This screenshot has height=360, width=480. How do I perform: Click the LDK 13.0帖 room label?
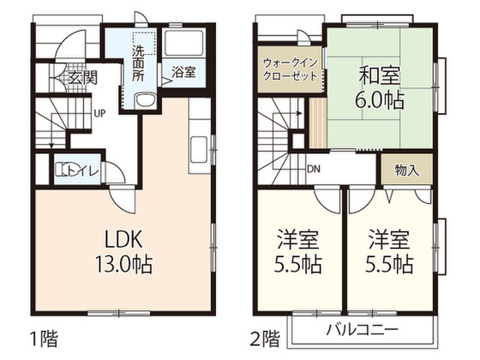124,251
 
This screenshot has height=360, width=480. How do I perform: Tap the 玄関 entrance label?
82,77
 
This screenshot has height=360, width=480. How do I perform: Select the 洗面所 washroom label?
138,63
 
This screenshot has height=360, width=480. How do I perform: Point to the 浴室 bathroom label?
183,72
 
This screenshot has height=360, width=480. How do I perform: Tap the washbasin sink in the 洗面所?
145,100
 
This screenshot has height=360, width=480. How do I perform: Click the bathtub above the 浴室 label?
183,43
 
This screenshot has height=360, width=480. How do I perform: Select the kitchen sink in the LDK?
199,150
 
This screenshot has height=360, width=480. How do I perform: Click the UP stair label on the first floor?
100,114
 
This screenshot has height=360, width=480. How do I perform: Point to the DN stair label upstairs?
313,169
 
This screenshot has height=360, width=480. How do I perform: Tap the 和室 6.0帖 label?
379,88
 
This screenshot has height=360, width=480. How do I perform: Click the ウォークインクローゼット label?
290,70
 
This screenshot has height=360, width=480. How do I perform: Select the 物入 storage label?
406,170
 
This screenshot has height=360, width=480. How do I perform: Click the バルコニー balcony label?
362,330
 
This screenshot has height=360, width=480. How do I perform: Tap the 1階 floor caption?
44,339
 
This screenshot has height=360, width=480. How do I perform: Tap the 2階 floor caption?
265,339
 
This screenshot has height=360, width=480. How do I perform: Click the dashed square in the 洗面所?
144,43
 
